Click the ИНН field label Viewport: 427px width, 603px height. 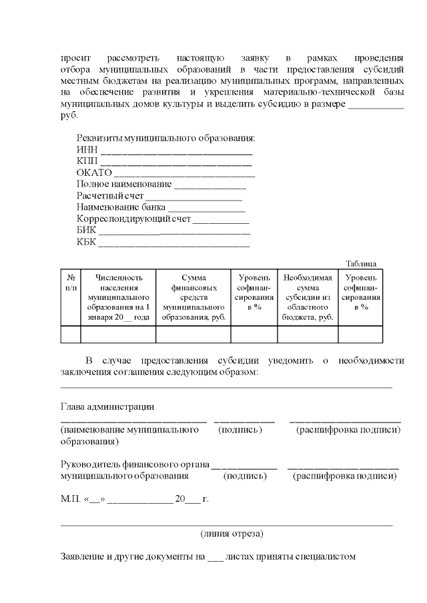click(x=86, y=150)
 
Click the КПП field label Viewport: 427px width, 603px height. click(x=87, y=161)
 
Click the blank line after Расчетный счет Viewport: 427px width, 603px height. click(x=193, y=196)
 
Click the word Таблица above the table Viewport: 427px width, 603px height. click(x=361, y=263)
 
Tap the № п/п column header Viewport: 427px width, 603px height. click(x=71, y=283)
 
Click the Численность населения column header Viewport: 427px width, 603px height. click(x=118, y=297)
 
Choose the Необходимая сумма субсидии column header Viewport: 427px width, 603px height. click(x=307, y=297)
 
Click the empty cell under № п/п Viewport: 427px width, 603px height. click(x=71, y=334)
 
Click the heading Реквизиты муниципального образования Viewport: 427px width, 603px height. click(x=165, y=139)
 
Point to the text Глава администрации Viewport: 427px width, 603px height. click(x=107, y=406)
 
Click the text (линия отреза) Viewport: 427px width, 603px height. click(x=232, y=534)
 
